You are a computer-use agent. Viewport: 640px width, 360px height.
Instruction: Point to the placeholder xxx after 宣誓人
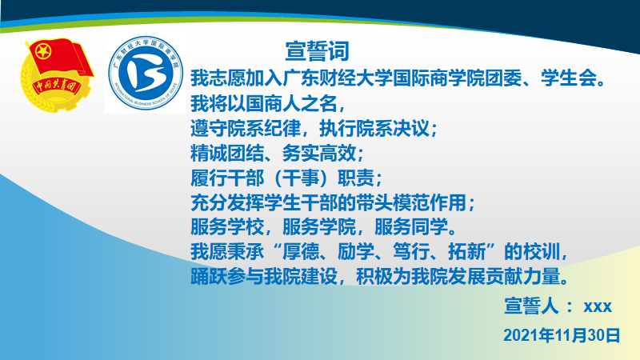pyautogui.click(x=598, y=306)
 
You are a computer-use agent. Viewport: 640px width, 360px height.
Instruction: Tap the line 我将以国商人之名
pyautogui.click(x=267, y=103)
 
